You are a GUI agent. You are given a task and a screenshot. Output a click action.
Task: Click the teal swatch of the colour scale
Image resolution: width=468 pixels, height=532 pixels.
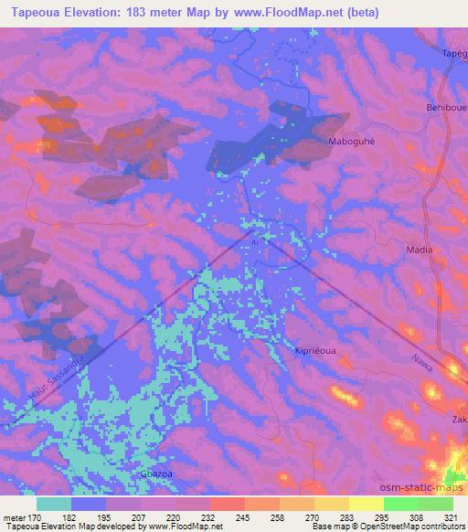pos(54,504)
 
